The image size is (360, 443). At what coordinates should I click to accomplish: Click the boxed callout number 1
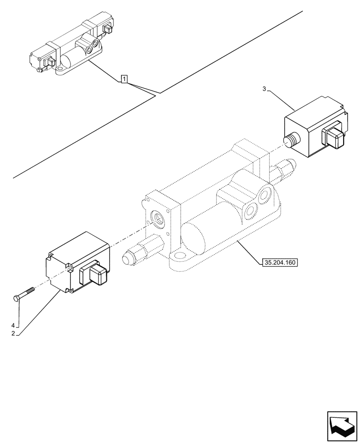point(125,80)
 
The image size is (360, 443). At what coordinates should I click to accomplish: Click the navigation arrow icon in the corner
point(341,426)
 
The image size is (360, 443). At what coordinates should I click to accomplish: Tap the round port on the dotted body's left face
point(158,218)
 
